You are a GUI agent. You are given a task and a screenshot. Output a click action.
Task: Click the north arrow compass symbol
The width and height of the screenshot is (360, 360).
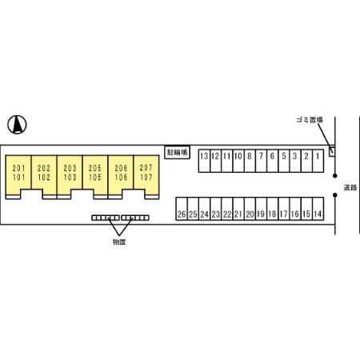click(x=17, y=125)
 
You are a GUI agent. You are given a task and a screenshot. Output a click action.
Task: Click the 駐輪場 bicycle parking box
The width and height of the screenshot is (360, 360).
click(x=177, y=153)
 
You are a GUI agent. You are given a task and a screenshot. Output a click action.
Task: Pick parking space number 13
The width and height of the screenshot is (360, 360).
click(x=204, y=161)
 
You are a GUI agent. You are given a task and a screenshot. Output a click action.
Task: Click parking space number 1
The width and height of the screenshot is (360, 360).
click(x=318, y=161)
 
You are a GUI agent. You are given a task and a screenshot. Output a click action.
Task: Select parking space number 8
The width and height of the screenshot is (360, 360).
click(x=250, y=161)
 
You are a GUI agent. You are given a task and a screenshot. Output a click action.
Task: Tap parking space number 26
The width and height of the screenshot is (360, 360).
click(x=182, y=209)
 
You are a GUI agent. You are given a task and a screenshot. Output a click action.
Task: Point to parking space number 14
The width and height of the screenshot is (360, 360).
click(x=318, y=209)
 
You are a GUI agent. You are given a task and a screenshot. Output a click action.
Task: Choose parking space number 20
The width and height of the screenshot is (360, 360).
click(x=250, y=209)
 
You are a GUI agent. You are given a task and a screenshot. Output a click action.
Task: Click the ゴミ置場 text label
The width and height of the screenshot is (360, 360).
click(x=310, y=120)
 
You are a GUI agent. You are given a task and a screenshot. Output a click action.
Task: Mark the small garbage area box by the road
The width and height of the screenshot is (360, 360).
click(x=332, y=151)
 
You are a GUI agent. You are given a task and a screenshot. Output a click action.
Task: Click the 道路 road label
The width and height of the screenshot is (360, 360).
click(x=350, y=188)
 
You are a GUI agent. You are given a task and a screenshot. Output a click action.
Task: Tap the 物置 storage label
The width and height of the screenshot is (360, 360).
click(x=119, y=242)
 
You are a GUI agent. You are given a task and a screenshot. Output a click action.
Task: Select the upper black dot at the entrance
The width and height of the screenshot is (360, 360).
click(x=335, y=176)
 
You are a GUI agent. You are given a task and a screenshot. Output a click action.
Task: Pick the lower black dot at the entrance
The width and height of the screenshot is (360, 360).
click(x=335, y=195)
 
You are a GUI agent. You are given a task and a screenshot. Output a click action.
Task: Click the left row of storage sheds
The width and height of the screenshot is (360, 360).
click(x=106, y=218)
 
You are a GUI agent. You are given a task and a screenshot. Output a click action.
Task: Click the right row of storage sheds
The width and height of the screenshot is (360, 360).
click(x=135, y=218)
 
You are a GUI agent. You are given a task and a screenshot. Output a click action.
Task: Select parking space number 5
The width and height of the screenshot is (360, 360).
click(x=284, y=161)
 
